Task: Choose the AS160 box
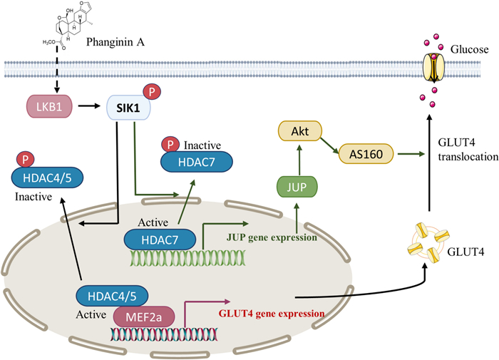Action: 370,153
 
